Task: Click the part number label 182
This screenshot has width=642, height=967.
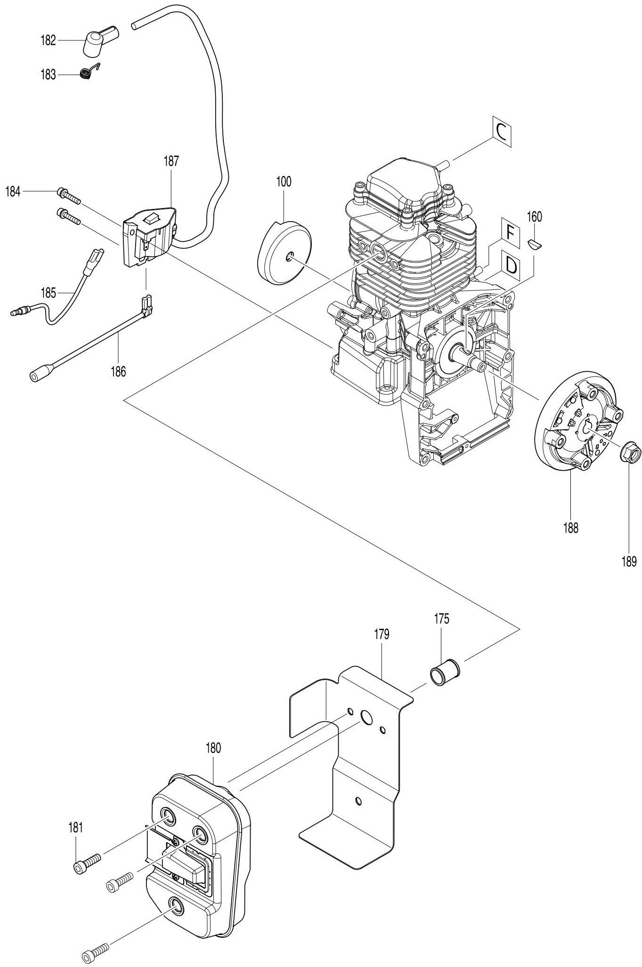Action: [48, 40]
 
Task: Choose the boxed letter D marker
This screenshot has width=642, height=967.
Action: [510, 266]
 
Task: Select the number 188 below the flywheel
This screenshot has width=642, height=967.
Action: [570, 527]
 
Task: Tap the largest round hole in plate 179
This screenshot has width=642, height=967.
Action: [366, 730]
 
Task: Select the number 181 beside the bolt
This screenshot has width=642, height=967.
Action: [75, 827]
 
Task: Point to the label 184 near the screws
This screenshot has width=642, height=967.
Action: [13, 192]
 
